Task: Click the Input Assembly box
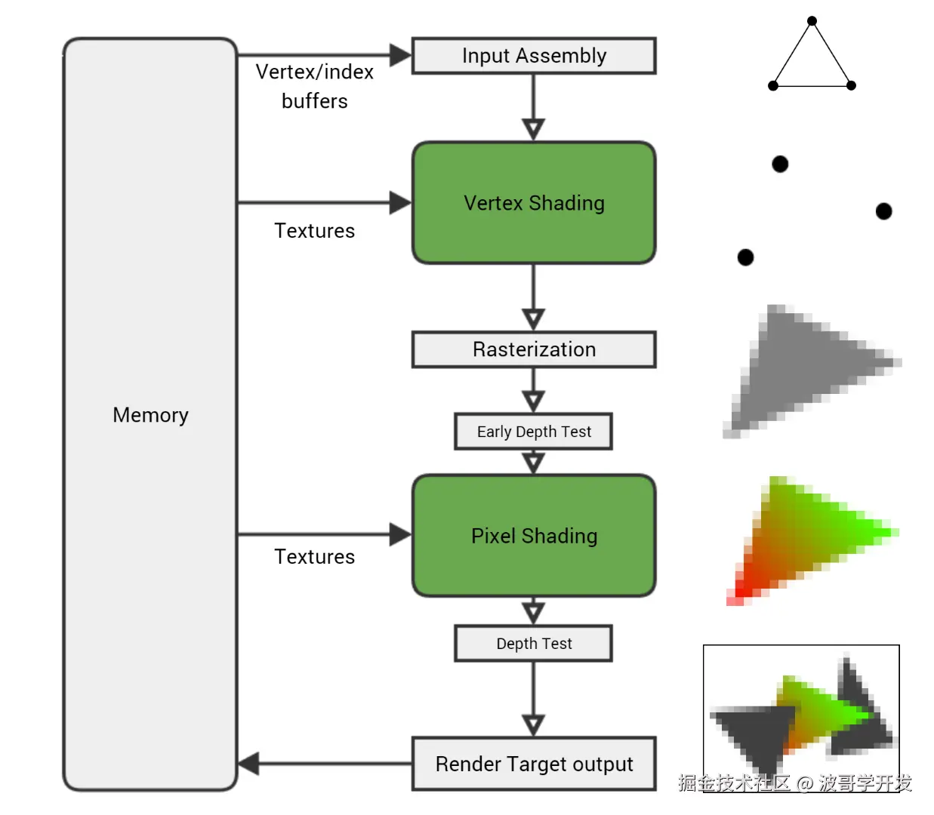[x=534, y=56]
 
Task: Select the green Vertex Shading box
[x=534, y=203]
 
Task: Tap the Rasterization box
[x=534, y=349]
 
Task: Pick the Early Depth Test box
[x=534, y=432]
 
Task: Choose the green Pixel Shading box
[x=534, y=536]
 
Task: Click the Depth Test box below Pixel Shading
[x=534, y=644]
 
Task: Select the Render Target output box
[x=534, y=764]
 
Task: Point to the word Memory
[x=150, y=415]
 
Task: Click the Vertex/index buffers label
[x=315, y=86]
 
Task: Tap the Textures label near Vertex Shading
[x=314, y=231]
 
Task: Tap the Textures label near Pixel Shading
[x=314, y=557]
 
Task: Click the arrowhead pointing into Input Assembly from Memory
[x=400, y=55]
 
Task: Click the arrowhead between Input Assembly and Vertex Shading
[x=534, y=129]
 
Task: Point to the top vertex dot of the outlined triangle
[x=812, y=21]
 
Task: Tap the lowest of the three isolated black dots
[x=745, y=258]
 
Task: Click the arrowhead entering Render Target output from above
[x=534, y=725]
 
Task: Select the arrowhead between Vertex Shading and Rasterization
[x=534, y=318]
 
